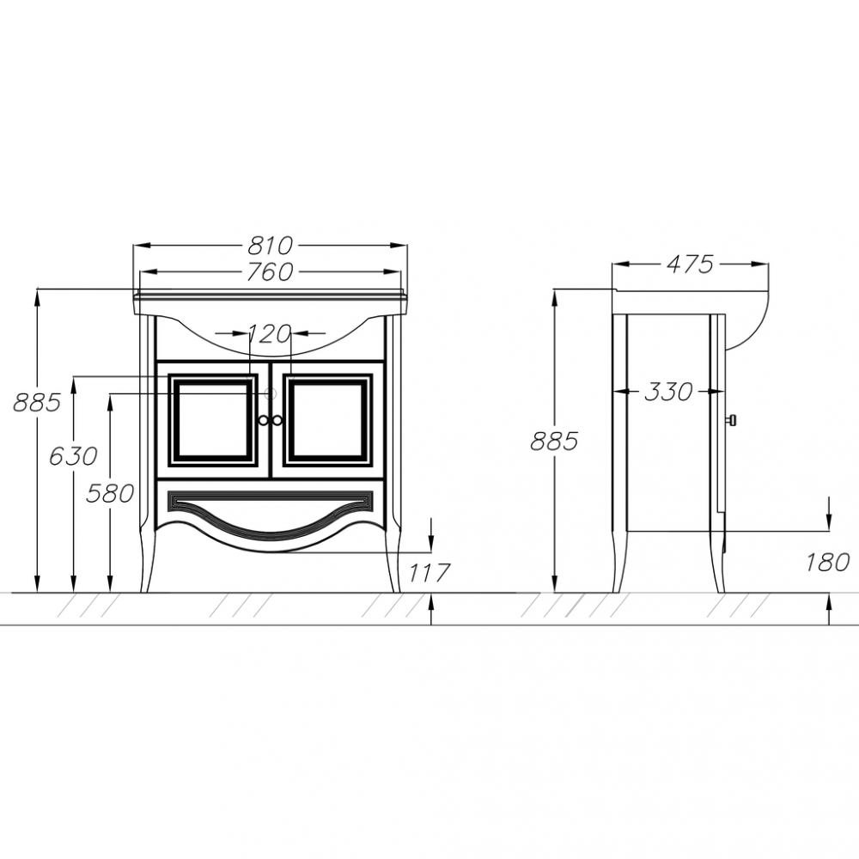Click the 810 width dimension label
tap(270, 246)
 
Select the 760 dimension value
tap(270, 271)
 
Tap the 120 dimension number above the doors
tap(269, 333)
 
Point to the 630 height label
tap(73, 456)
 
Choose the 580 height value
tap(110, 494)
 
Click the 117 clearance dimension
tap(429, 573)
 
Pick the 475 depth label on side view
tap(691, 265)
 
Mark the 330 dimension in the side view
tap(669, 392)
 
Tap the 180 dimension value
tap(828, 562)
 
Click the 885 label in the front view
tap(37, 403)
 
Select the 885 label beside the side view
tap(554, 441)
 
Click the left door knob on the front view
tap(264, 420)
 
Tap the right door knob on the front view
tap(277, 420)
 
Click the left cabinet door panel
tap(213, 420)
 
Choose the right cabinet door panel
tap(328, 420)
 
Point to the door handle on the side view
tap(731, 420)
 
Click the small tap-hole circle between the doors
tap(271, 393)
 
